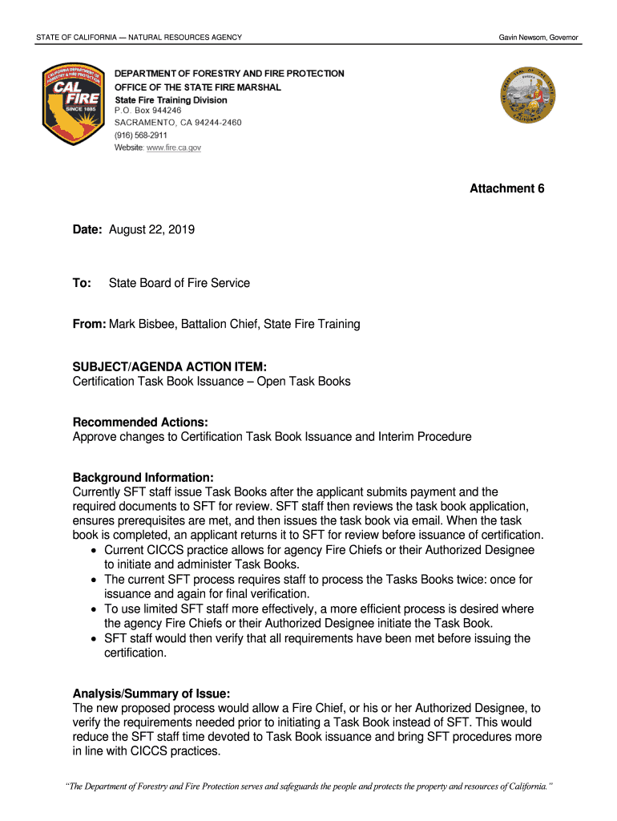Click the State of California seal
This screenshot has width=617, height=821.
pyautogui.click(x=528, y=95)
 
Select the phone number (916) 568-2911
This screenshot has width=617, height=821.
pyautogui.click(x=141, y=135)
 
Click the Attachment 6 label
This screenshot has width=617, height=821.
pyautogui.click(x=506, y=188)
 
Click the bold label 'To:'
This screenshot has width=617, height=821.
pyautogui.click(x=82, y=283)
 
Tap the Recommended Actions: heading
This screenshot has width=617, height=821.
pyautogui.click(x=140, y=423)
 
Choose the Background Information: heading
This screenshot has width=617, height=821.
pyautogui.click(x=143, y=478)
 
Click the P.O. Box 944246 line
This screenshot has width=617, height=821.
pyautogui.click(x=147, y=111)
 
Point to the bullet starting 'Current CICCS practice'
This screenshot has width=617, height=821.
pyautogui.click(x=319, y=550)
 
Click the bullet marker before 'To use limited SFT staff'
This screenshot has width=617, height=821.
pyautogui.click(x=95, y=609)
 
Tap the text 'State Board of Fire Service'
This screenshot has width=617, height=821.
pyautogui.click(x=179, y=283)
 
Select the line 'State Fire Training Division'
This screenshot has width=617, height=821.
pyautogui.click(x=171, y=99)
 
